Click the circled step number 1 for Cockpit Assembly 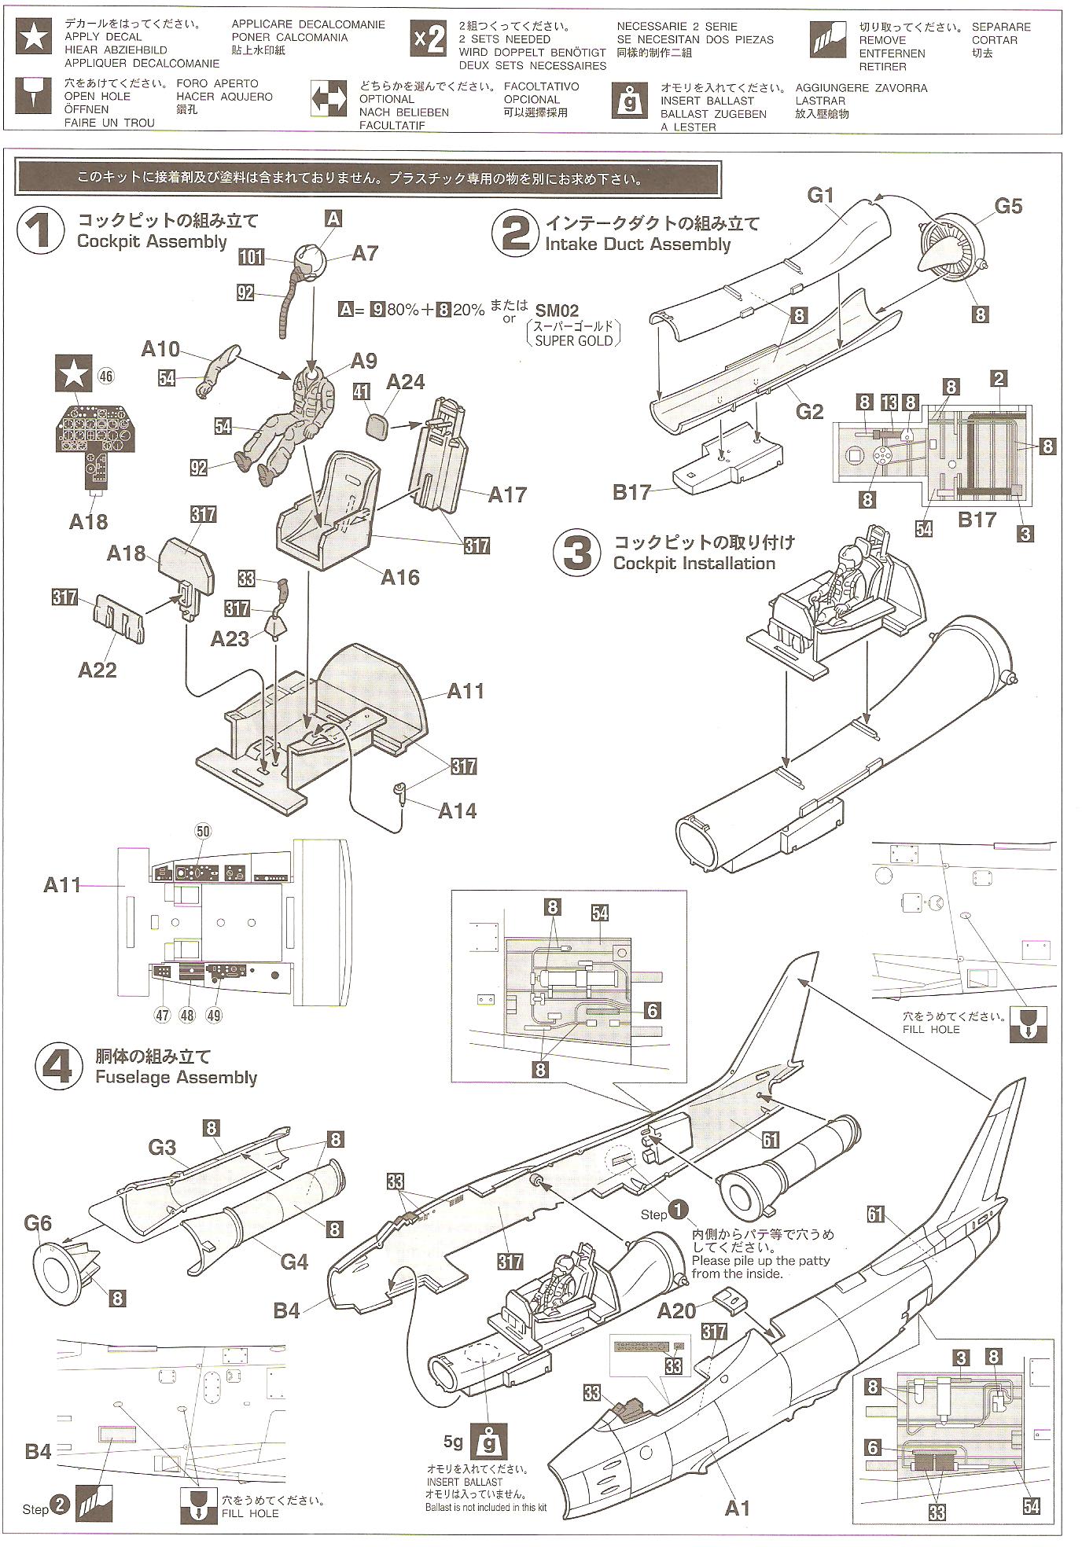tap(42, 232)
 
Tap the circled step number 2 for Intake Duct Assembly tap(515, 233)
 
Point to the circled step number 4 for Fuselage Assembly tap(59, 1067)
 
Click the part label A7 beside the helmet tap(365, 253)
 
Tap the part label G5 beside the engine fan tap(1008, 206)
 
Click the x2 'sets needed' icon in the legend tap(429, 39)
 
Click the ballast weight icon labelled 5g tap(488, 1440)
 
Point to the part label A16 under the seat tap(400, 577)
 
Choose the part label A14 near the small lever tap(457, 810)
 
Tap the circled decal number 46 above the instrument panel tap(105, 377)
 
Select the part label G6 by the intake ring tap(38, 1222)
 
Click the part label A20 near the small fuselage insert tap(676, 1310)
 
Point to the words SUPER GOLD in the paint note tap(572, 340)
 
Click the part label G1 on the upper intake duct tap(820, 194)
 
